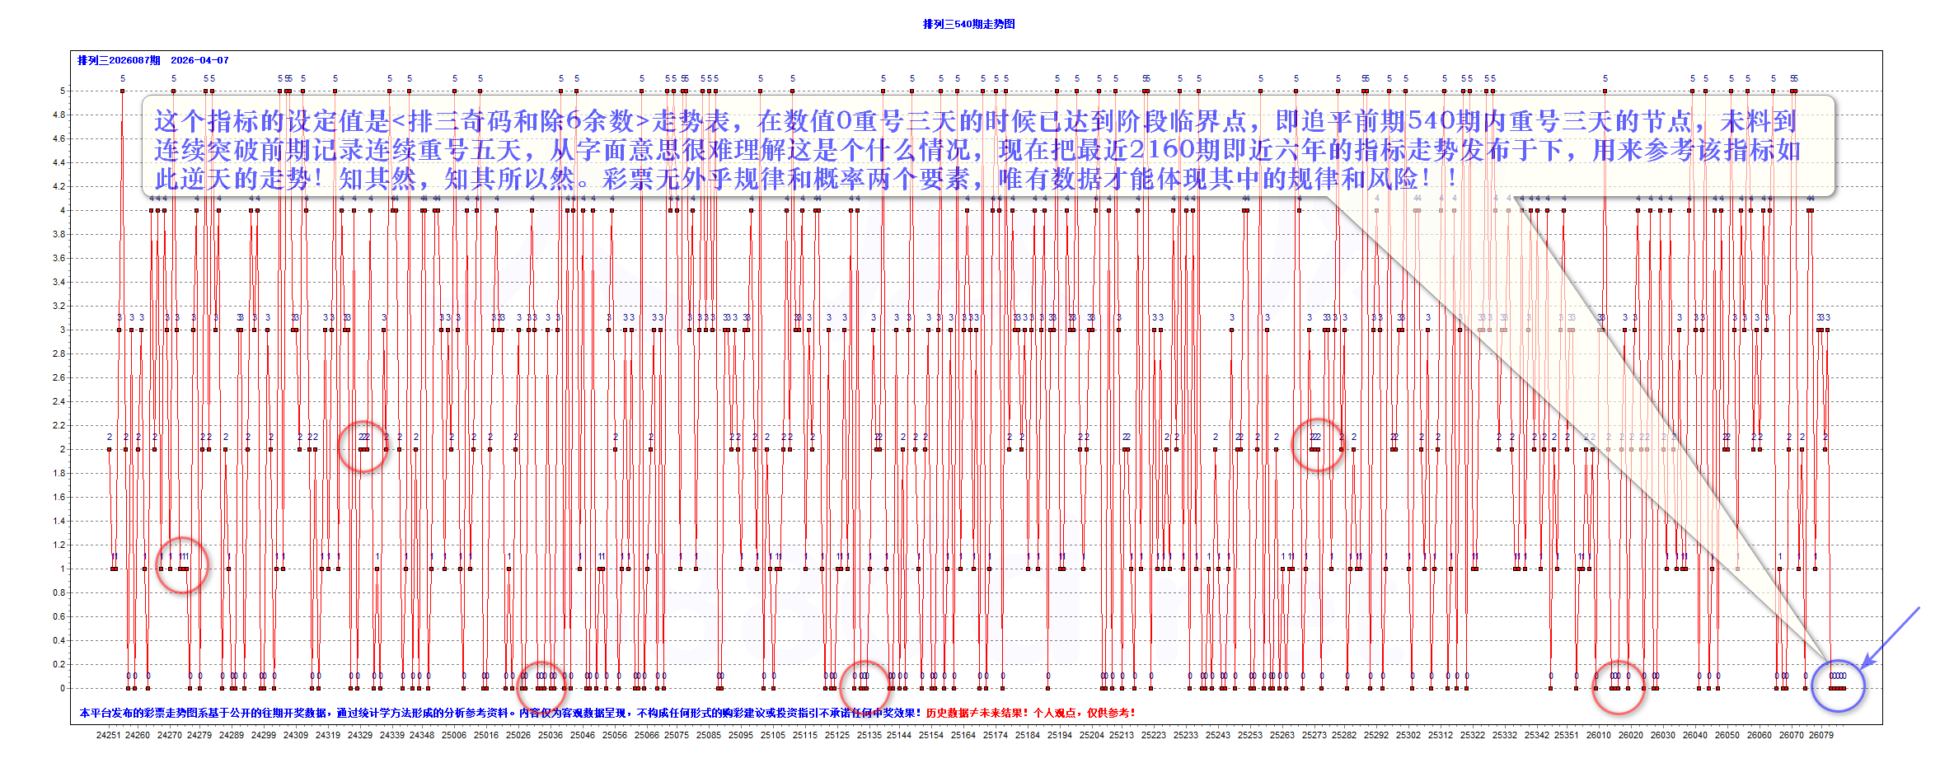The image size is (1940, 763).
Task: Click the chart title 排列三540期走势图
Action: point(968,24)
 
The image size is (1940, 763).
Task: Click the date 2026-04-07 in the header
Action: point(199,60)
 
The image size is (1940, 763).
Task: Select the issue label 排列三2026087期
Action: point(119,60)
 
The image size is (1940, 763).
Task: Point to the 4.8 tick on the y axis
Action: point(59,115)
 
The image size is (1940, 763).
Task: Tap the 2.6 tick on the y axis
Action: point(59,377)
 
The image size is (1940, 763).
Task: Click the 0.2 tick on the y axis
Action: point(59,664)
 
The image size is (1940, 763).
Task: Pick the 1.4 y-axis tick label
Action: point(59,521)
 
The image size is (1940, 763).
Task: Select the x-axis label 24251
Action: point(108,735)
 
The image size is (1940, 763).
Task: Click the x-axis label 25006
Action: point(453,735)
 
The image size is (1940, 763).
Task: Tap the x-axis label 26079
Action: point(1821,735)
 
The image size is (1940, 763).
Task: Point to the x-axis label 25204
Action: point(1091,735)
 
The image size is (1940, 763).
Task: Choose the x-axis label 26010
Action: point(1599,735)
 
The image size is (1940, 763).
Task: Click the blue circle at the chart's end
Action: point(1838,686)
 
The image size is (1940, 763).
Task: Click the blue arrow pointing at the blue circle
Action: point(1891,636)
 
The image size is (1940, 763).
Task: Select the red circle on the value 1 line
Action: point(182,565)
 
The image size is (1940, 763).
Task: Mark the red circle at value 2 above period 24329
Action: point(363,446)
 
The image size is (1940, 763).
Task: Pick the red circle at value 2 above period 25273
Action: point(1317,445)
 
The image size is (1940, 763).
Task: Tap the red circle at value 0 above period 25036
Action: point(541,685)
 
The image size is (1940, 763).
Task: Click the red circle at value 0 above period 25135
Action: point(865,685)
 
